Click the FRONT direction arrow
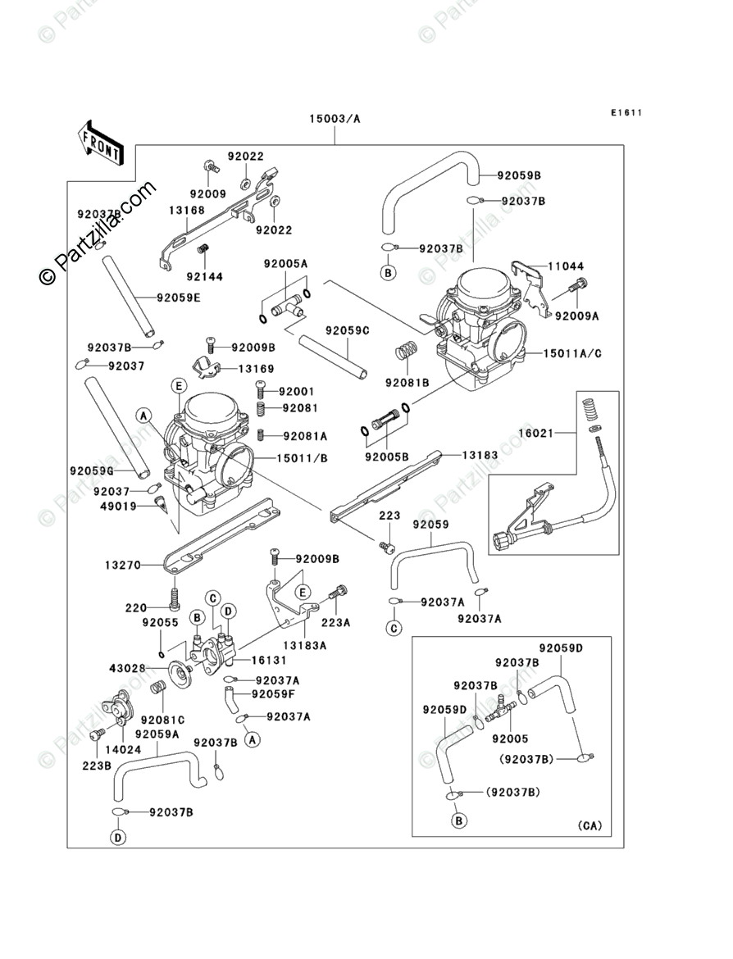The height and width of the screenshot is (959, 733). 101,140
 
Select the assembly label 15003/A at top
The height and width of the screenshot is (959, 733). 335,119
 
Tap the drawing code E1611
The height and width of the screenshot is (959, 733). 625,112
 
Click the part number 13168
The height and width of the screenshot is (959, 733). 187,210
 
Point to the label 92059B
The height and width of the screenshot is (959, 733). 520,175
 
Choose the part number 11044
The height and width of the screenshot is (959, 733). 566,266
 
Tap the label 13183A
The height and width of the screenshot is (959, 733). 305,645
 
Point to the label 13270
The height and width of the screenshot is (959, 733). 122,565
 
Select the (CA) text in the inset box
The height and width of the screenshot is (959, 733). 589,825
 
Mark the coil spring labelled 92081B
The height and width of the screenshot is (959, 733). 404,352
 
